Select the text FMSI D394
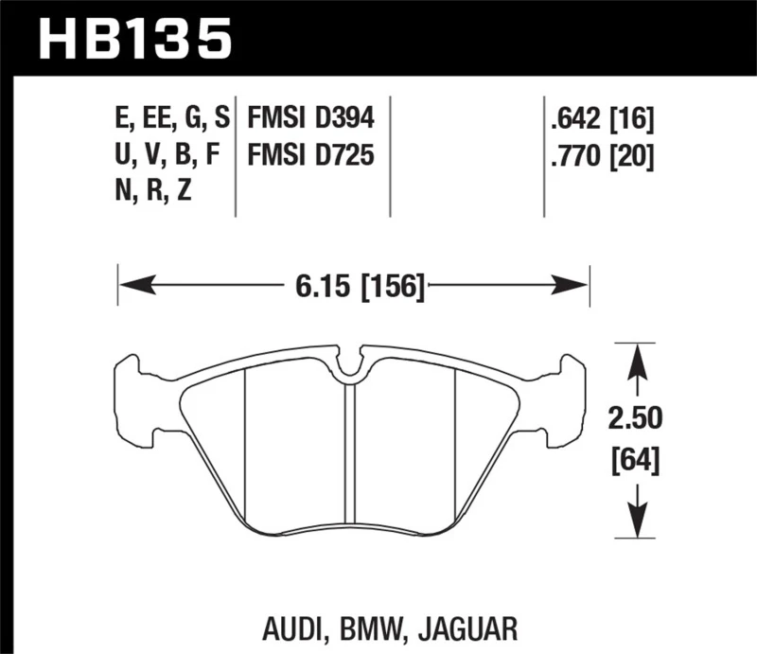click(x=311, y=119)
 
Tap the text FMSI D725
click(x=311, y=153)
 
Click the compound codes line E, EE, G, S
click(x=170, y=119)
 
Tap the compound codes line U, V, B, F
click(x=167, y=153)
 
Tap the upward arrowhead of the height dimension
click(x=638, y=357)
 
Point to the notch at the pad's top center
click(x=351, y=364)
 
